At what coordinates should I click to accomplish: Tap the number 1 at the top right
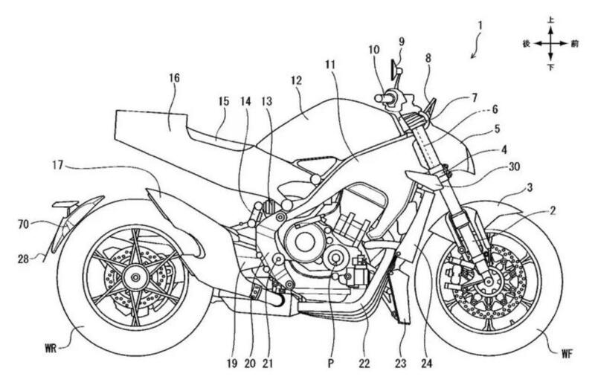tap(481, 25)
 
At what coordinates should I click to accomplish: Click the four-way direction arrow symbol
tap(550, 44)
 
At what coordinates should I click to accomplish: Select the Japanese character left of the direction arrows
tap(526, 44)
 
